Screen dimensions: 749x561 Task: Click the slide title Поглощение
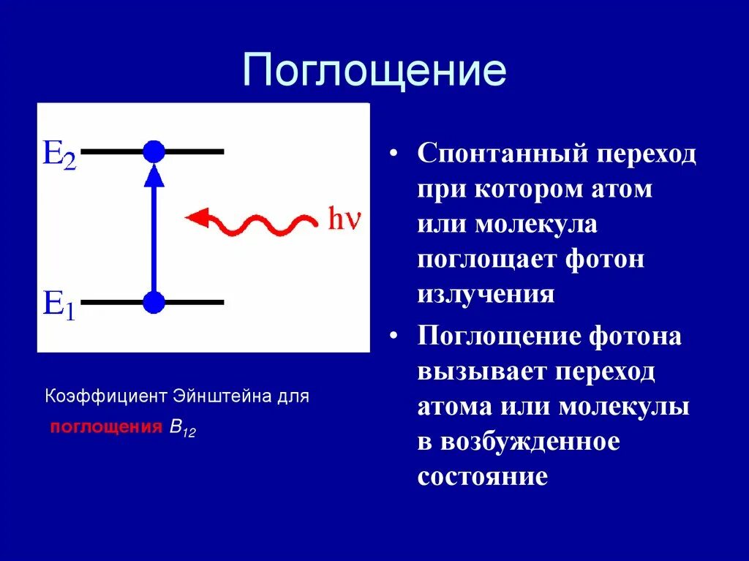pyautogui.click(x=374, y=71)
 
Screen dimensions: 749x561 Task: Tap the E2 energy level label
pyautogui.click(x=60, y=154)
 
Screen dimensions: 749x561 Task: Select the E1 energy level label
pyautogui.click(x=59, y=305)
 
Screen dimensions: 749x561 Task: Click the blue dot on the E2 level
pyautogui.click(x=154, y=152)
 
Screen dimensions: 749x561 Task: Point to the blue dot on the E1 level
pyautogui.click(x=154, y=302)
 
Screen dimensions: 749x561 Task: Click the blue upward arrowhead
pyautogui.click(x=154, y=176)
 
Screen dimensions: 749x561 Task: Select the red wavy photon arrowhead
pyautogui.click(x=197, y=218)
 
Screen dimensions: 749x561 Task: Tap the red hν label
pyautogui.click(x=344, y=219)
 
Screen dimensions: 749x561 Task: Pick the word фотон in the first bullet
pyautogui.click(x=605, y=260)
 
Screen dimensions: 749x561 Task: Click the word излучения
pyautogui.click(x=486, y=295)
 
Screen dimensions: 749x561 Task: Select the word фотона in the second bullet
pyautogui.click(x=635, y=336)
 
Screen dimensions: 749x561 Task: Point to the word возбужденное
pyautogui.click(x=530, y=442)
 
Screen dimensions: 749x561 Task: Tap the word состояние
pyautogui.click(x=483, y=477)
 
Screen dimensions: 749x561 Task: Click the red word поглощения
pyautogui.click(x=106, y=427)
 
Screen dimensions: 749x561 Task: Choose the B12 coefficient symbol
pyautogui.click(x=183, y=429)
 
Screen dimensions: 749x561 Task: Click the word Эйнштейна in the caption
pyautogui.click(x=222, y=396)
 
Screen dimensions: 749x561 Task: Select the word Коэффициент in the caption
pyautogui.click(x=106, y=396)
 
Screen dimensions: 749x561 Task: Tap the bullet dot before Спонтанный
pyautogui.click(x=393, y=154)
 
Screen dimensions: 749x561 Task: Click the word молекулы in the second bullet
pyautogui.click(x=624, y=407)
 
